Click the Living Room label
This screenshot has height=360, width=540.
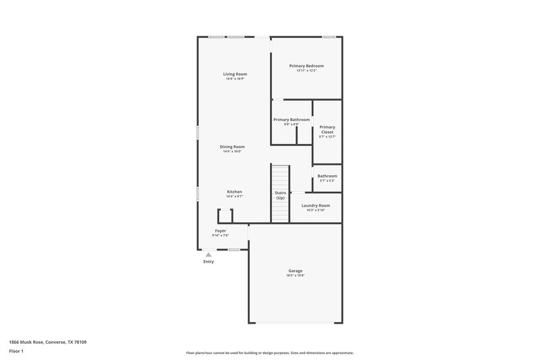(235, 74)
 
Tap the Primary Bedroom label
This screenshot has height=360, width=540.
(306, 66)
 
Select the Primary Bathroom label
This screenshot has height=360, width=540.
(292, 120)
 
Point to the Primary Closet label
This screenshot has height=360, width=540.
(327, 129)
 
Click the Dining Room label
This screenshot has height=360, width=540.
(232, 147)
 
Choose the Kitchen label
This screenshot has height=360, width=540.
(234, 192)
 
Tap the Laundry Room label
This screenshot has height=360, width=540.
(315, 205)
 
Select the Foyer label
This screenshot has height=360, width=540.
(221, 230)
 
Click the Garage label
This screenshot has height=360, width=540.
(296, 271)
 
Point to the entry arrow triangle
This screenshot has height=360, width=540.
(209, 255)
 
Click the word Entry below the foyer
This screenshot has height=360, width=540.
(209, 262)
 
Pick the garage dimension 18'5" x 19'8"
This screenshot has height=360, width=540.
(296, 276)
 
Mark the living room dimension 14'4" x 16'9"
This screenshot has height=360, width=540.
(235, 79)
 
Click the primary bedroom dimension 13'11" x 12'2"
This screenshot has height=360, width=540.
(306, 71)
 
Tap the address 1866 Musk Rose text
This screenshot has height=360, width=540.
(47, 342)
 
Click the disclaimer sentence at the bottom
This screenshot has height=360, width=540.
(269, 353)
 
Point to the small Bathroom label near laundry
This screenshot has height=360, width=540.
(327, 176)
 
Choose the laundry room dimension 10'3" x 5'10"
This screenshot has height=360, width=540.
(315, 210)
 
